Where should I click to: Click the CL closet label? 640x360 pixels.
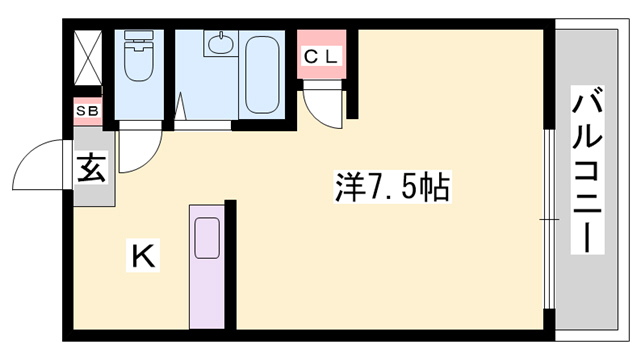pos(321,56)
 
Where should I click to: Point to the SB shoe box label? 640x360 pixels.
pos(86,111)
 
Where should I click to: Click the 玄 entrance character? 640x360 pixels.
pos(90,167)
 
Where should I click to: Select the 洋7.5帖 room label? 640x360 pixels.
pos(390,187)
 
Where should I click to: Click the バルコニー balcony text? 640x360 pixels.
pos(589,170)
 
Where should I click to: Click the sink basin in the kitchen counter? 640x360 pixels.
pos(208,238)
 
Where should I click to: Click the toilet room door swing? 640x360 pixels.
pos(137,150)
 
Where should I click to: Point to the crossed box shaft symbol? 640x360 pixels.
pos(87,59)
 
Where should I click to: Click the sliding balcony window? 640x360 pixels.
pos(548,217)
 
